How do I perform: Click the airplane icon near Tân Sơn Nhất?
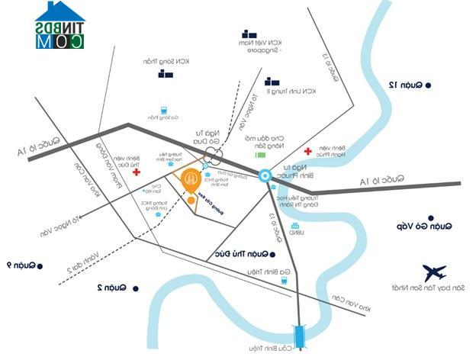(x=434, y=272)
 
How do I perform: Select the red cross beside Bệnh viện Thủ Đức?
(x=137, y=172)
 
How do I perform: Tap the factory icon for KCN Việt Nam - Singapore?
(x=249, y=34)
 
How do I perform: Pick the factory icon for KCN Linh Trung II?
(x=272, y=82)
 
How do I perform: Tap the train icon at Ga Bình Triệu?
(x=284, y=280)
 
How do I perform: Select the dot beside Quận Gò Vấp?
(x=429, y=225)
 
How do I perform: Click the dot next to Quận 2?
(x=136, y=288)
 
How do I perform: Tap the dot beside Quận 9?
(x=40, y=265)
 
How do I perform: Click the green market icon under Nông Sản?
(x=258, y=158)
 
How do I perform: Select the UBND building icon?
(x=295, y=226)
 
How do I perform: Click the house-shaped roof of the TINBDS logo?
(x=59, y=11)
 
